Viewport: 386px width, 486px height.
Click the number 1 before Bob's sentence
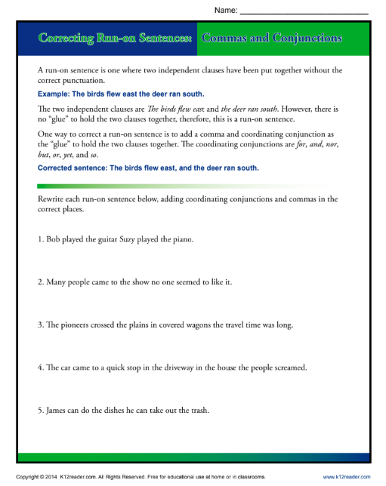coord(39,240)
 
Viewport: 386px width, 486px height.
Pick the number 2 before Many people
coord(39,282)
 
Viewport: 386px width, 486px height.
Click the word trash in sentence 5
coord(196,411)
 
